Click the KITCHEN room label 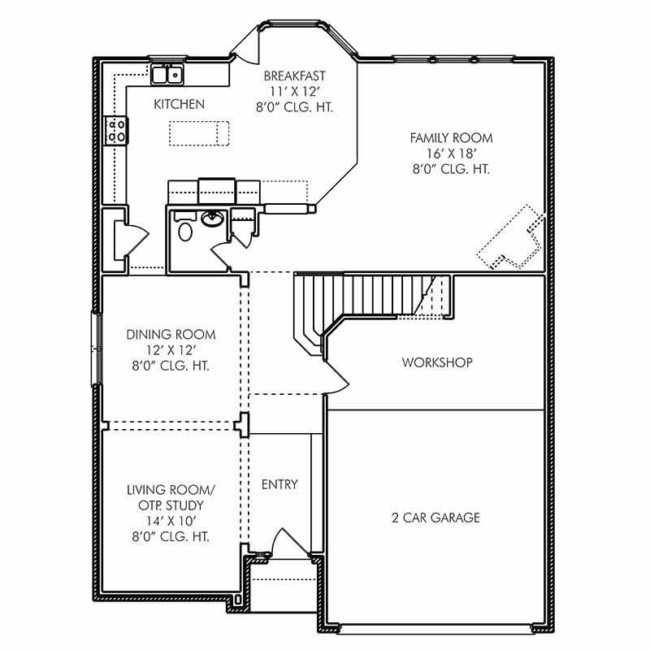(179, 104)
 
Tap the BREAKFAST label (295, 76)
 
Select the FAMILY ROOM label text (450, 138)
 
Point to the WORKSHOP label (437, 362)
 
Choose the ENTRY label (279, 485)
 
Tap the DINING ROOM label (171, 334)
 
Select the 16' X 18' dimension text (450, 154)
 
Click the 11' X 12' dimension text (295, 92)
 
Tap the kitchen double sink (167, 76)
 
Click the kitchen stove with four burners (116, 131)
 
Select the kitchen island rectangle (199, 132)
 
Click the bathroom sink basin (213, 218)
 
